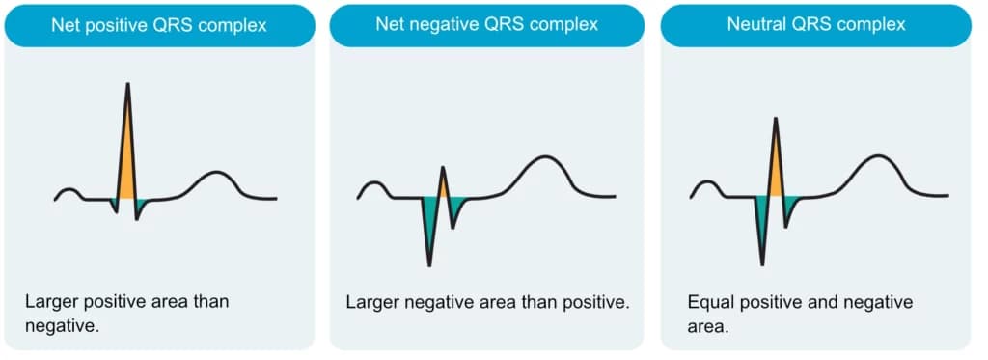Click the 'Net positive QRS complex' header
pos(159,25)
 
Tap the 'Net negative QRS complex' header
pos(486,25)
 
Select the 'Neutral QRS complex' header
pos(816,25)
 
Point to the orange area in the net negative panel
pos(443,186)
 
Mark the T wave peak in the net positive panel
pos(217,172)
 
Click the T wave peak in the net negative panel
pos(543,157)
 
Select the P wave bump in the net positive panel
pos(69,189)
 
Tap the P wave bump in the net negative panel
pos(374,183)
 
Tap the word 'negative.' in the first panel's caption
pos(63,326)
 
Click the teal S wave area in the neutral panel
pos(790,205)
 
